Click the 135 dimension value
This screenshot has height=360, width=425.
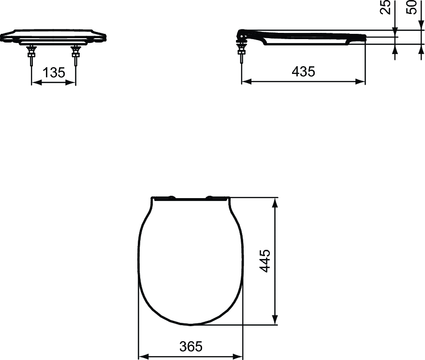[x=54, y=72]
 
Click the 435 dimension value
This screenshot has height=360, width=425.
[x=303, y=72]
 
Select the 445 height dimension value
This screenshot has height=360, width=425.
[x=265, y=260]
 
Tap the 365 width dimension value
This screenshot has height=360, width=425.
[x=191, y=346]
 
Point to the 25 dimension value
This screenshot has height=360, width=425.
[x=386, y=7]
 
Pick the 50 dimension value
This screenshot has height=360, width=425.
[x=411, y=7]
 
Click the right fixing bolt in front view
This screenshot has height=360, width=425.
[x=75, y=56]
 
